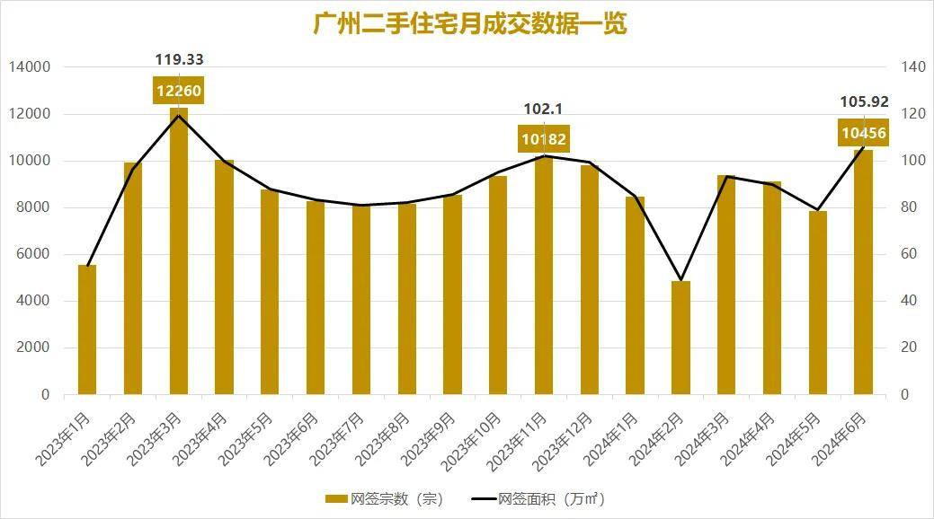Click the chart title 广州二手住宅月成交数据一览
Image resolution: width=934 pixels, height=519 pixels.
coord(469,23)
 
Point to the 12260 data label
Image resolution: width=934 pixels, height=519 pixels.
coord(179,91)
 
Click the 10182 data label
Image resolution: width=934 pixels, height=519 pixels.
coord(544,139)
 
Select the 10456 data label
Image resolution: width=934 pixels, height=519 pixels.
coord(863,134)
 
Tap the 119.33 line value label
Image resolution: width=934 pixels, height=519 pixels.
coord(179,60)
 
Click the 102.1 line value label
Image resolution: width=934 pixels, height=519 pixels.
coord(543,110)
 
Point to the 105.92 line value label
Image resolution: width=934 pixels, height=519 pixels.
coord(863,101)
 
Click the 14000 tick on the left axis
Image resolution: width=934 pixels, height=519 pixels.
coord(31,67)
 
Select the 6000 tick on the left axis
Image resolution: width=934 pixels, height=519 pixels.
coord(34,254)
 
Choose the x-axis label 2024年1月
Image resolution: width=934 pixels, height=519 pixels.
coord(618,440)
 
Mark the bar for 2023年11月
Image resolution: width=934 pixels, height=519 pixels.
coord(544,278)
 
